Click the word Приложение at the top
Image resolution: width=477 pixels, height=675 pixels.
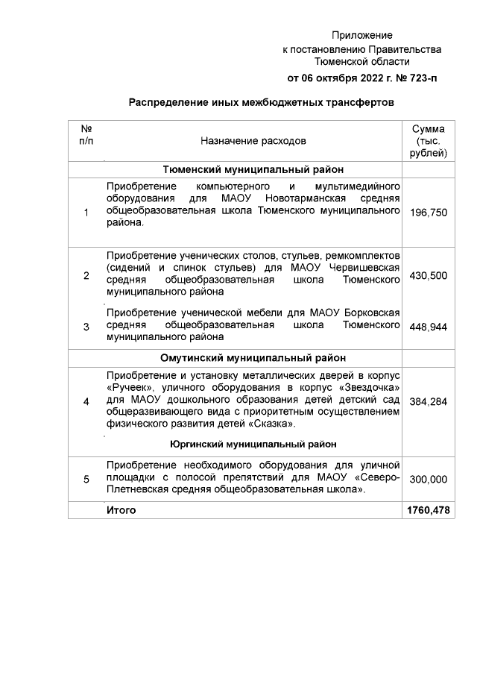[361, 35]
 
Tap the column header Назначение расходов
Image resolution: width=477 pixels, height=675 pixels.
[253, 140]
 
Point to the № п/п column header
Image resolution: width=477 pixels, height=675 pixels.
[86, 134]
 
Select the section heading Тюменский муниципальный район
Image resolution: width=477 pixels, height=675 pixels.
[253, 169]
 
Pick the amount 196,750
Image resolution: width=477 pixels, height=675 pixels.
[429, 213]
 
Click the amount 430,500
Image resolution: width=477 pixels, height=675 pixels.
[429, 275]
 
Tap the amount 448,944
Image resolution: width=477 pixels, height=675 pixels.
[429, 327]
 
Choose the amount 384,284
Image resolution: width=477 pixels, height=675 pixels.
[429, 401]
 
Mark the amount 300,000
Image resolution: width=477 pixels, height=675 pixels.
[429, 479]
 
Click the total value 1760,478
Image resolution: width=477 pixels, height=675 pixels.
[429, 510]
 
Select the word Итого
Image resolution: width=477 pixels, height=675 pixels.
[121, 510]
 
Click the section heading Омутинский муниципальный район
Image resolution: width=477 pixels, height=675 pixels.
[253, 357]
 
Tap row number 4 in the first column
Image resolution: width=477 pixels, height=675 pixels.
[86, 401]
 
